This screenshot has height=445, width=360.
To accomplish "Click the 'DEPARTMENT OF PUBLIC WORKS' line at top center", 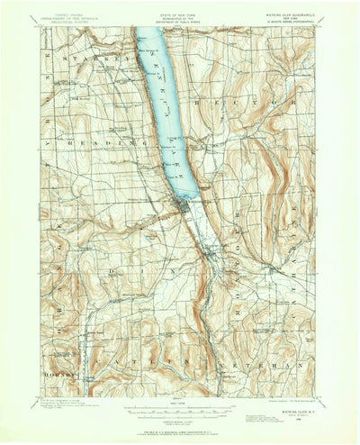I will tap(179, 21).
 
